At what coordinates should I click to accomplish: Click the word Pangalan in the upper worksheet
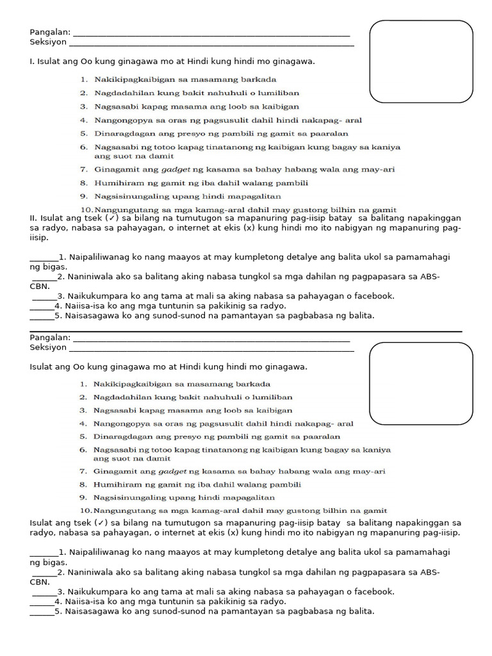(x=49, y=33)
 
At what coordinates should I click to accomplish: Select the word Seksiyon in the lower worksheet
(x=48, y=347)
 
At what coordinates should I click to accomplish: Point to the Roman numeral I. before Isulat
(x=33, y=62)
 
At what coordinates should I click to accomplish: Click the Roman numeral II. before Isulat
(x=34, y=218)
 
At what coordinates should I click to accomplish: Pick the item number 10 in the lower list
(x=86, y=511)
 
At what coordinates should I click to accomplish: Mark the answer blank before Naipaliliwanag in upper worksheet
(x=44, y=258)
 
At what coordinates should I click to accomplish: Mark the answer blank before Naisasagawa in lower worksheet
(x=42, y=612)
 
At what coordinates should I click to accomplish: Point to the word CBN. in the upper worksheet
(x=40, y=286)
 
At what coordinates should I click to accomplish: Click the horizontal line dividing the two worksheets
(x=246, y=331)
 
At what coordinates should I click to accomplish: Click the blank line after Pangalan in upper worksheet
(x=211, y=35)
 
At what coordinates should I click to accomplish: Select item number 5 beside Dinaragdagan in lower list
(x=83, y=436)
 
